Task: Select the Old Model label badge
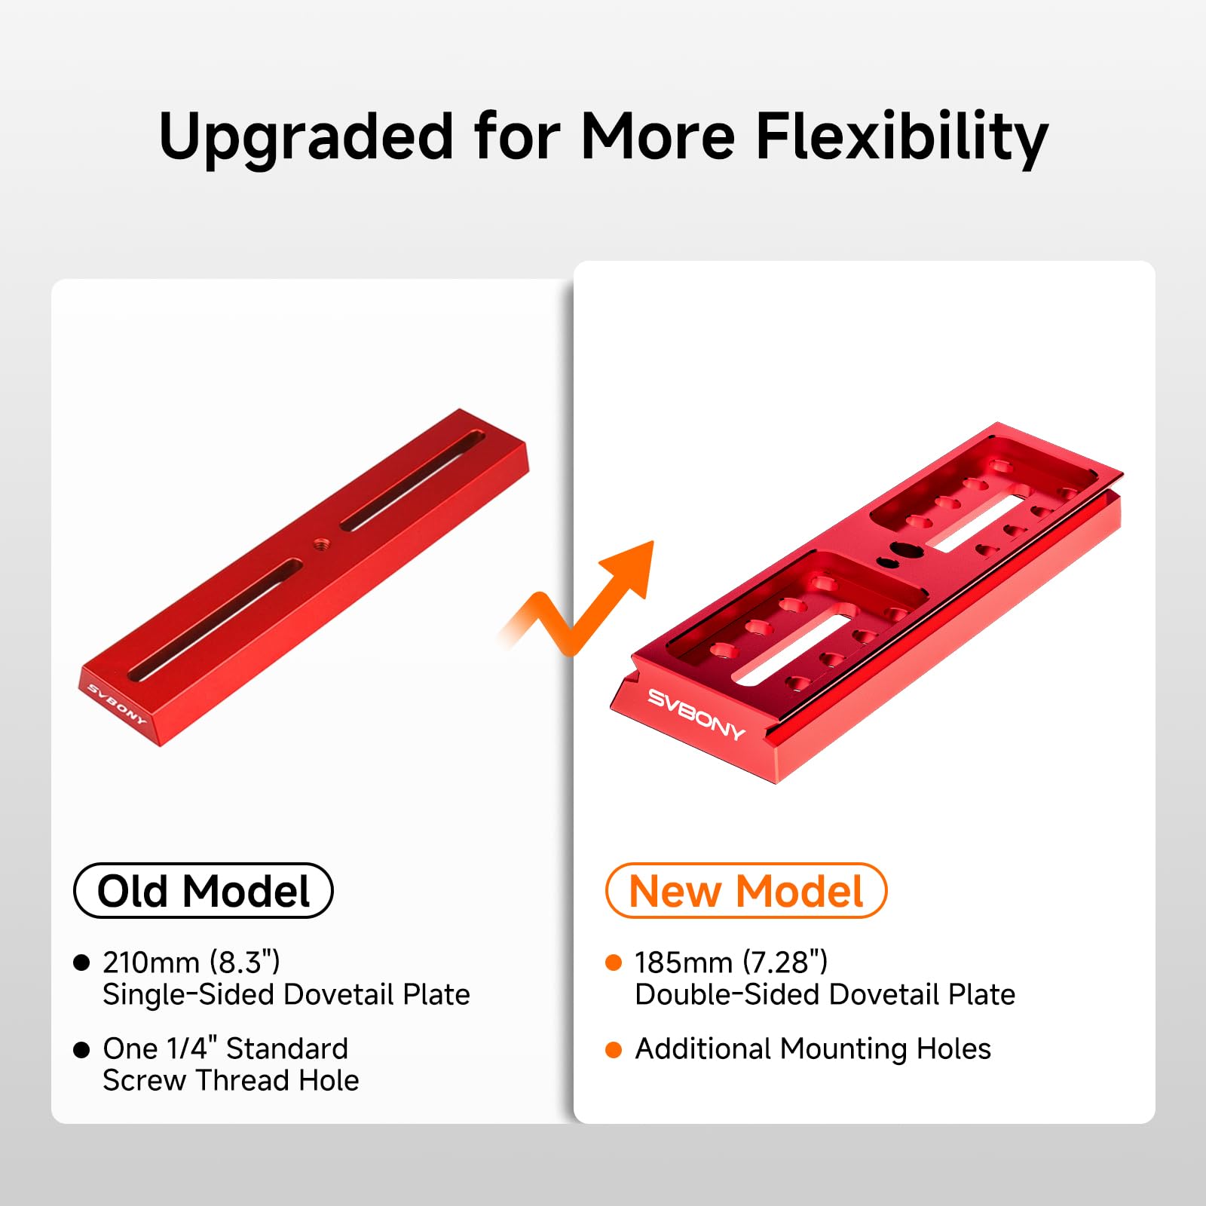pyautogui.click(x=203, y=891)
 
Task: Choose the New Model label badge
pyautogui.click(x=745, y=891)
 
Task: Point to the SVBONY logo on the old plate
pyautogui.click(x=116, y=703)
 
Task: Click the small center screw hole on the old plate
pyautogui.click(x=320, y=542)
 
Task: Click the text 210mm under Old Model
pyautogui.click(x=151, y=963)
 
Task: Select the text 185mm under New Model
pyautogui.click(x=683, y=963)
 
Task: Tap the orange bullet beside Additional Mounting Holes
pyautogui.click(x=614, y=1049)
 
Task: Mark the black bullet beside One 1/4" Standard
pyautogui.click(x=81, y=1049)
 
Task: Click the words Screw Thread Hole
pyautogui.click(x=231, y=1081)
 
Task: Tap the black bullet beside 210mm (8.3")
pyautogui.click(x=81, y=963)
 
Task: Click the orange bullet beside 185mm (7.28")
pyautogui.click(x=614, y=963)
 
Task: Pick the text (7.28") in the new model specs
pyautogui.click(x=785, y=963)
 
